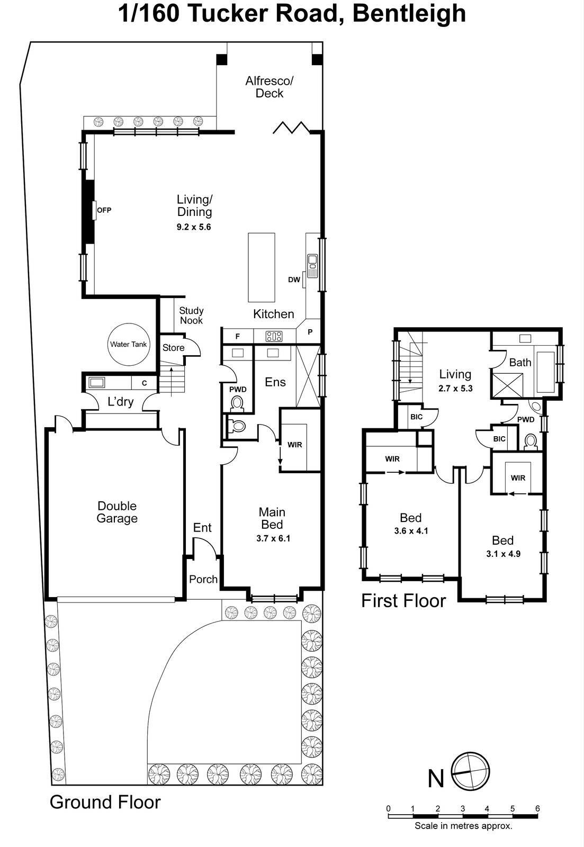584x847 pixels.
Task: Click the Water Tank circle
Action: pyautogui.click(x=128, y=344)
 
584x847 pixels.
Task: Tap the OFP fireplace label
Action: pyautogui.click(x=104, y=210)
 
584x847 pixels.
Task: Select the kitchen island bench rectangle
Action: pyautogui.click(x=262, y=267)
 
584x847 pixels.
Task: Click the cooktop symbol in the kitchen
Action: pyautogui.click(x=274, y=336)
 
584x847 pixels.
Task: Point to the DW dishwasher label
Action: pyautogui.click(x=294, y=280)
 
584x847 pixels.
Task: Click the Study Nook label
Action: pyautogui.click(x=191, y=316)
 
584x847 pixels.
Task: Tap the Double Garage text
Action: pyautogui.click(x=116, y=512)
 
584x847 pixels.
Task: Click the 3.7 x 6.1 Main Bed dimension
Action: pyautogui.click(x=273, y=538)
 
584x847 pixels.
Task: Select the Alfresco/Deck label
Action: pyautogui.click(x=269, y=87)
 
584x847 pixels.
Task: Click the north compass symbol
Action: pyautogui.click(x=470, y=771)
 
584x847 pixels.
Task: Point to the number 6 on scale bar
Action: pyautogui.click(x=537, y=808)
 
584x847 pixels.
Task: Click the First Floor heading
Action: pyautogui.click(x=403, y=601)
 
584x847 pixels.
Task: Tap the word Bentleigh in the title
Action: pyautogui.click(x=409, y=14)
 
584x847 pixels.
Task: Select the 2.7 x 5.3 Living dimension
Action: pyautogui.click(x=455, y=388)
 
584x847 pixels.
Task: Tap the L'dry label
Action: pyautogui.click(x=120, y=402)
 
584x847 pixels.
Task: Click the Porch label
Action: pyautogui.click(x=203, y=579)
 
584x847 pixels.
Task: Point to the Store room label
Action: pyautogui.click(x=173, y=348)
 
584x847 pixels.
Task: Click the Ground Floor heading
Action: pyautogui.click(x=105, y=802)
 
